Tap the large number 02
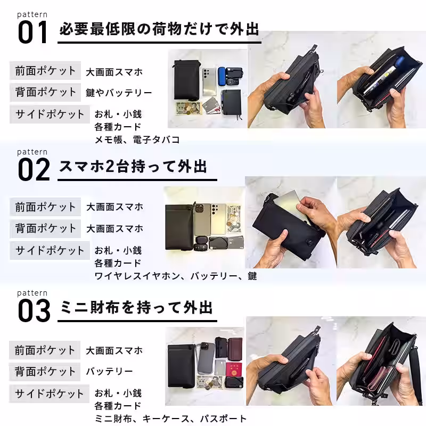pyautogui.click(x=34, y=169)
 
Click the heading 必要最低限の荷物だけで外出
pyautogui.click(x=159, y=29)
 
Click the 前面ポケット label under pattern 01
pyautogui.click(x=45, y=71)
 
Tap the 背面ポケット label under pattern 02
pyautogui.click(x=45, y=228)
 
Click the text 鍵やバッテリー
pyautogui.click(x=119, y=93)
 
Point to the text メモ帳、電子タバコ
pyautogui.click(x=137, y=140)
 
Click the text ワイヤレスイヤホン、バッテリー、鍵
pyautogui.click(x=175, y=276)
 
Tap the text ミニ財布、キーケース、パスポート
pyautogui.click(x=170, y=419)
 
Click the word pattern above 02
pyautogui.click(x=32, y=152)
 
